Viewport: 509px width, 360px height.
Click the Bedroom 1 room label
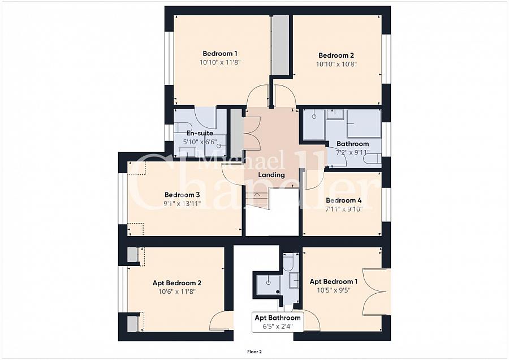pyautogui.click(x=220, y=54)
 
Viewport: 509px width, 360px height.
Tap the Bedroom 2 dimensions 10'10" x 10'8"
pyautogui.click(x=337, y=65)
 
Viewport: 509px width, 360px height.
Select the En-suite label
pyautogui.click(x=200, y=133)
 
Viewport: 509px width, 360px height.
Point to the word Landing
pyautogui.click(x=271, y=175)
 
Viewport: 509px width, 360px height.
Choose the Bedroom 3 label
pyautogui.click(x=182, y=195)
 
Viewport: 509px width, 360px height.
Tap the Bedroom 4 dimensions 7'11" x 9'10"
pyautogui.click(x=344, y=209)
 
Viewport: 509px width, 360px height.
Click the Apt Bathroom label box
pyautogui.click(x=278, y=322)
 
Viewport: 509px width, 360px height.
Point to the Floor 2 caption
pyautogui.click(x=255, y=352)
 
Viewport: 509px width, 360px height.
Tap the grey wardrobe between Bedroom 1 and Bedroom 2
pyautogui.click(x=280, y=45)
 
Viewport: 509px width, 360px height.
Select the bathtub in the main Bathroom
pyautogui.click(x=364, y=123)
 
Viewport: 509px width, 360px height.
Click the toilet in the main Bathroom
pyautogui.click(x=372, y=159)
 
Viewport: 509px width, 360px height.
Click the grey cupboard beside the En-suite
pyautogui.click(x=236, y=133)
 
